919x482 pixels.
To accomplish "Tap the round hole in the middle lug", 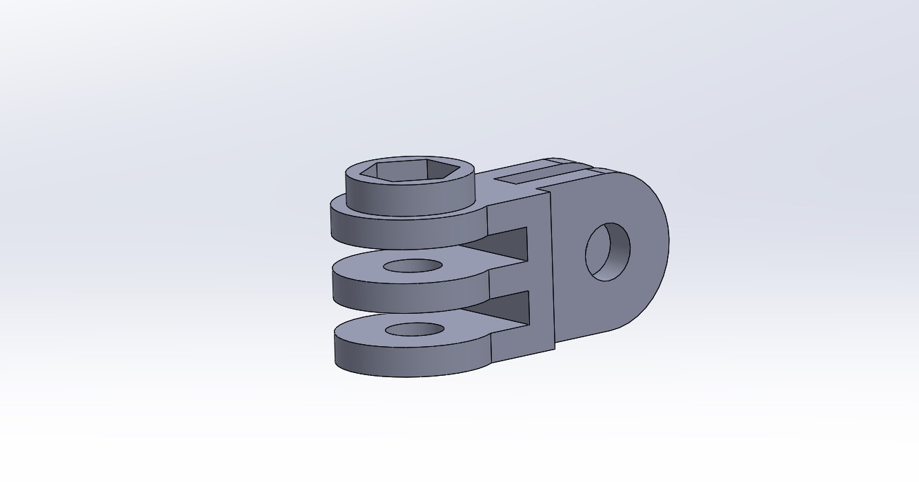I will point(413,266).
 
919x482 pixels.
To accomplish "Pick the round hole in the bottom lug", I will point(414,329).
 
